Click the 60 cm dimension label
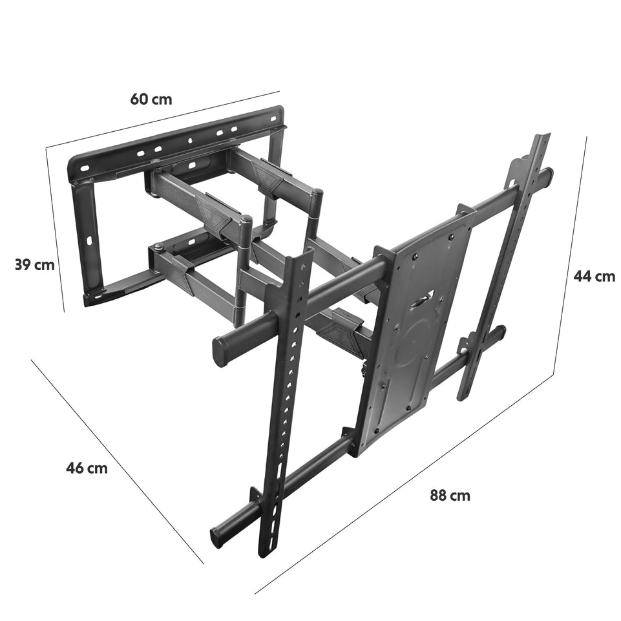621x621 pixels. pyautogui.click(x=151, y=99)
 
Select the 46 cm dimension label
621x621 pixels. pyautogui.click(x=87, y=468)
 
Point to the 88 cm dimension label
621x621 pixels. pyautogui.click(x=450, y=496)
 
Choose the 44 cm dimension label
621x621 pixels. pyautogui.click(x=594, y=276)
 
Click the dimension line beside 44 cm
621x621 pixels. pyautogui.click(x=571, y=258)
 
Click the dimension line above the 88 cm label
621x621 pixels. pyautogui.click(x=414, y=478)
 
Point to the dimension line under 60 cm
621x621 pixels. pyautogui.click(x=162, y=119)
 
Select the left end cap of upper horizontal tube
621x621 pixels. pyautogui.click(x=220, y=350)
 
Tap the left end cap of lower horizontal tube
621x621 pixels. pyautogui.click(x=216, y=536)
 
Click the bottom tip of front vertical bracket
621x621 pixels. pyautogui.click(x=265, y=551)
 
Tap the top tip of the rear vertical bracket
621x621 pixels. pyautogui.click(x=540, y=138)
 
